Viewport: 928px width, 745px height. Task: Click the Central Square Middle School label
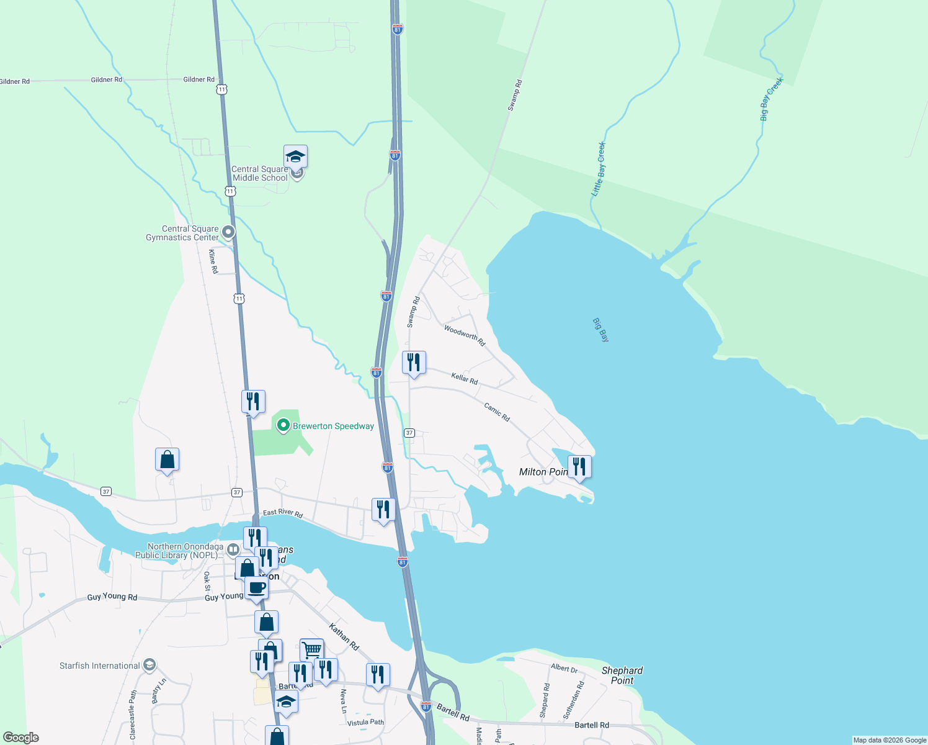point(260,173)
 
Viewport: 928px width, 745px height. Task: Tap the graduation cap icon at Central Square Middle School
point(296,156)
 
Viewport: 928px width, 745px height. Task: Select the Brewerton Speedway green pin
point(283,425)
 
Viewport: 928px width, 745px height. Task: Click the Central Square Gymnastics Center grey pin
point(228,232)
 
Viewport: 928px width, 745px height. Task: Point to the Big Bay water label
point(600,330)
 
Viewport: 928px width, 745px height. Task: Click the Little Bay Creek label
point(599,169)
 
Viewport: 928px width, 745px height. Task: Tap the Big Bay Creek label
point(771,99)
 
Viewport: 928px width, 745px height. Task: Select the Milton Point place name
point(543,472)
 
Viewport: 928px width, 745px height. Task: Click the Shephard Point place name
point(622,675)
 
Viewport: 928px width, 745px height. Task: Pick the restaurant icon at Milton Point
point(579,466)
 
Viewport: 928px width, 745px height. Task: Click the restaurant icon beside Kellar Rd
point(414,362)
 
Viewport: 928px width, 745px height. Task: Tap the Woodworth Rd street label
point(465,335)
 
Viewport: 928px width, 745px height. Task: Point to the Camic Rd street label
point(497,412)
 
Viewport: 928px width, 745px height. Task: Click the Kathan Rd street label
point(344,636)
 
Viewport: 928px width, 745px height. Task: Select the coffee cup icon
point(256,587)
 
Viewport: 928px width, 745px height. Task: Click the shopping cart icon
point(311,650)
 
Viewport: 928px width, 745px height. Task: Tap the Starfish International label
point(100,666)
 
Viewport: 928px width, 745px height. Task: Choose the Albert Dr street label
point(564,668)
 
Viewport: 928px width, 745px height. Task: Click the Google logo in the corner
point(21,737)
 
